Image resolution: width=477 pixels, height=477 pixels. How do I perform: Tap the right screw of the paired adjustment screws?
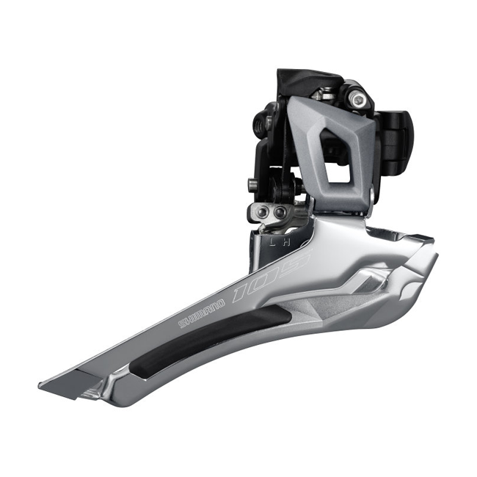pos(280,213)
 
